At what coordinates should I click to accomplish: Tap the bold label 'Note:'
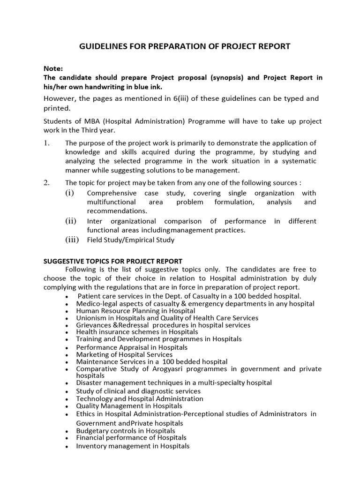pyautogui.click(x=52, y=69)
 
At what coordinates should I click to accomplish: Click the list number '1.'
pyautogui.click(x=46, y=143)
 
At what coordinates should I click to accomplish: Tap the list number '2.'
pyautogui.click(x=46, y=183)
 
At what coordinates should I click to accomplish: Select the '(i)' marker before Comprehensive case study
pyautogui.click(x=69, y=193)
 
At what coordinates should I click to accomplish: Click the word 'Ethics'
pyautogui.click(x=86, y=414)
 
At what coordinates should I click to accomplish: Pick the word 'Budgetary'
pyautogui.click(x=92, y=431)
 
